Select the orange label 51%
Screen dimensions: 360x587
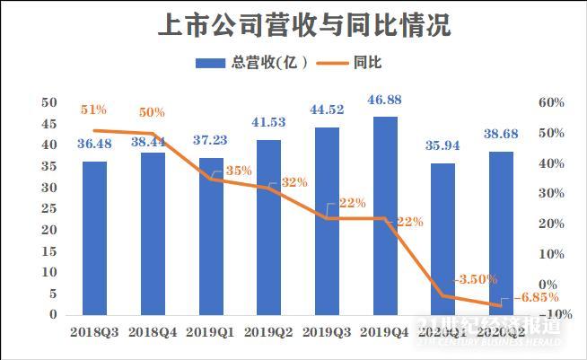pyautogui.click(x=93, y=110)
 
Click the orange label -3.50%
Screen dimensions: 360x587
pyautogui.click(x=472, y=278)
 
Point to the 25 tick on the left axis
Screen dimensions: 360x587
pyautogui.click(x=48, y=208)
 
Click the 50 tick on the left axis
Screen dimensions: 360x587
pyautogui.click(x=48, y=102)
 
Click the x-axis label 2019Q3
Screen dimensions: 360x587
pyautogui.click(x=327, y=330)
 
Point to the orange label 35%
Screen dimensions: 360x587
pyautogui.click(x=238, y=171)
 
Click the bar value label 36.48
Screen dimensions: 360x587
pyautogui.click(x=95, y=143)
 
